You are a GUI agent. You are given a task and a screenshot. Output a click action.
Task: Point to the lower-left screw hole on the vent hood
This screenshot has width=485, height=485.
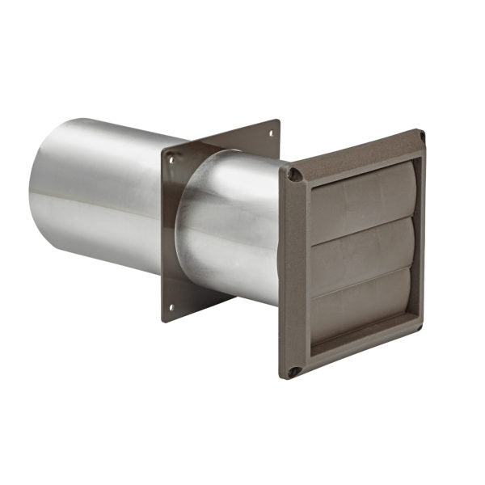tap(295, 372)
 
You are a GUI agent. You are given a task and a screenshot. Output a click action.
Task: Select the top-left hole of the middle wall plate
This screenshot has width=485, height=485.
tap(171, 159)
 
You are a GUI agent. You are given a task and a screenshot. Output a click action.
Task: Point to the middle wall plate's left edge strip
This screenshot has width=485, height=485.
tap(167, 234)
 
